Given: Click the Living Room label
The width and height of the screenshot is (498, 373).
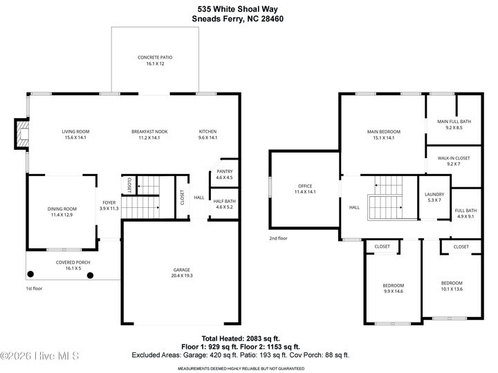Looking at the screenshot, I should (x=75, y=131).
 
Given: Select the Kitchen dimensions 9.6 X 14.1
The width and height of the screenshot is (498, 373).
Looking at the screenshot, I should (x=207, y=138).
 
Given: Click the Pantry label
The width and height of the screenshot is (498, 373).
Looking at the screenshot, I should (x=224, y=171).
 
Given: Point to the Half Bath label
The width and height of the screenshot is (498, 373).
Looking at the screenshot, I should (x=224, y=200).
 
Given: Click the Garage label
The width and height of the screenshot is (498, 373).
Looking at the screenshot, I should (x=182, y=269).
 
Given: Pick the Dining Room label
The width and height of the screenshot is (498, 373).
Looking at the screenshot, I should (x=62, y=209).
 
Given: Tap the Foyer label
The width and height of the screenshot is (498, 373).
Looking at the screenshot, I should (x=109, y=202).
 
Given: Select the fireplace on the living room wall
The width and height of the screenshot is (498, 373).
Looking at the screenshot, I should (x=21, y=135).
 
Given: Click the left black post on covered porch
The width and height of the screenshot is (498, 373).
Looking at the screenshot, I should (x=30, y=274).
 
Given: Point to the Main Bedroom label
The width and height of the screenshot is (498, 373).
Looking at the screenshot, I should (x=383, y=131).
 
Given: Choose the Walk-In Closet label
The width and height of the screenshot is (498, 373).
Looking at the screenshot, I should (x=454, y=157).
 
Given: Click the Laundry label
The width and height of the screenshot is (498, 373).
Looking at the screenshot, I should (x=434, y=195).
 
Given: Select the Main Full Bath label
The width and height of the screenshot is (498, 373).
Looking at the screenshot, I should (x=454, y=122).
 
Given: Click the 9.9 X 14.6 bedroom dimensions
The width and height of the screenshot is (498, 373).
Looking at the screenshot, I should (x=394, y=291).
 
